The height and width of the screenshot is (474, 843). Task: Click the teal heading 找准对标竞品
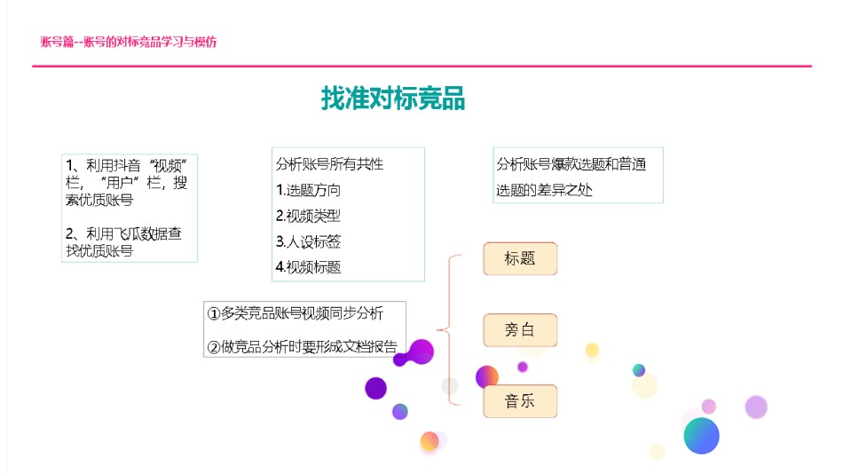click(393, 99)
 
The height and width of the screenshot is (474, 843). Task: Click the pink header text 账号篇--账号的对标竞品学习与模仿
click(129, 42)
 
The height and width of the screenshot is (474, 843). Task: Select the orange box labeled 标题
click(520, 259)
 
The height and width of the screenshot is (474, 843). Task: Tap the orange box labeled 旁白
click(520, 330)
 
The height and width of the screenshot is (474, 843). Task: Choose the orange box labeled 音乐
click(520, 401)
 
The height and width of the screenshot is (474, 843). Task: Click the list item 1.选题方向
click(308, 190)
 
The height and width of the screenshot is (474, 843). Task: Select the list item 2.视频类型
click(308, 216)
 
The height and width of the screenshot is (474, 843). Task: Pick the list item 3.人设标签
click(308, 241)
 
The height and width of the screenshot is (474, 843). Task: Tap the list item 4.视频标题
click(308, 267)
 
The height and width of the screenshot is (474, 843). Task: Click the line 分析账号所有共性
click(329, 164)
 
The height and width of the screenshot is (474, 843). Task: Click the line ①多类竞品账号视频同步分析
click(295, 313)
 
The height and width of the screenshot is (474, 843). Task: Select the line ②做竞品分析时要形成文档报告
click(302, 347)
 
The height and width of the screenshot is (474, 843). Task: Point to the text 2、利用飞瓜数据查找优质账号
click(123, 242)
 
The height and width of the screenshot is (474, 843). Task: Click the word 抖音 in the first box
click(127, 165)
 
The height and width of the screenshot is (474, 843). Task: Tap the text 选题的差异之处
click(544, 190)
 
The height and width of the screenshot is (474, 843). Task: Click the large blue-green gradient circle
click(702, 435)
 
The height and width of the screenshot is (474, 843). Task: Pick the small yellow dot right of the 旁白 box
click(592, 350)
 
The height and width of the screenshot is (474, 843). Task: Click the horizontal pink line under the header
click(422, 67)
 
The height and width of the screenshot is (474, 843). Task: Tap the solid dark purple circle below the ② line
click(376, 388)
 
